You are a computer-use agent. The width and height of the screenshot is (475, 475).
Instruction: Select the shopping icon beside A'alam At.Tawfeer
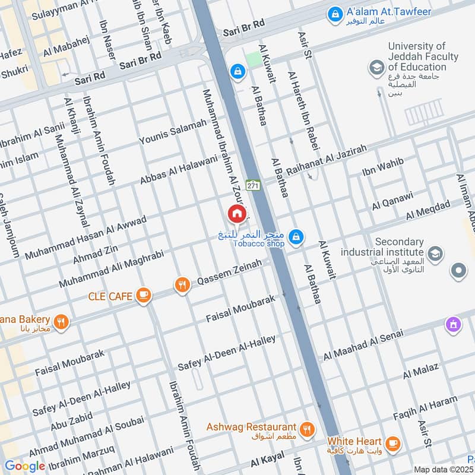(335, 12)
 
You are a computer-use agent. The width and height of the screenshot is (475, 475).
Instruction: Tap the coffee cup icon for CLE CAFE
(142, 295)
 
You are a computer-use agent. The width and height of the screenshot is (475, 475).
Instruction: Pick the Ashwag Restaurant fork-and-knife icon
(307, 429)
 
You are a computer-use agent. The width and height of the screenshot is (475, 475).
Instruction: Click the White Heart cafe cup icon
(392, 443)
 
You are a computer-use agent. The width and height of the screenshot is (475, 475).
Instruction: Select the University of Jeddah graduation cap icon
(376, 68)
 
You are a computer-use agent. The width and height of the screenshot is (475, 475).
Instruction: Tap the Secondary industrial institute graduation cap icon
(435, 254)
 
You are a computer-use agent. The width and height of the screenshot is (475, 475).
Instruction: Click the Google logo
(24, 467)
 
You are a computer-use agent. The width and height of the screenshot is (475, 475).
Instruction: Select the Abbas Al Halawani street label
(179, 170)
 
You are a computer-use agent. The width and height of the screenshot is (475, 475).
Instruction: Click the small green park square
(254, 59)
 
